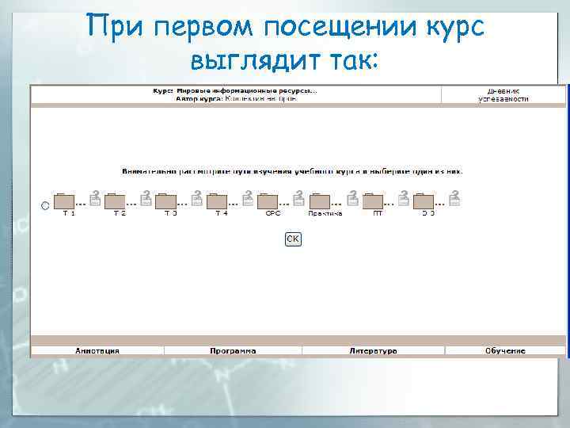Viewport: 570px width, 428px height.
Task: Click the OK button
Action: coord(293,239)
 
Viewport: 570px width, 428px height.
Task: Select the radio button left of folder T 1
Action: coord(45,205)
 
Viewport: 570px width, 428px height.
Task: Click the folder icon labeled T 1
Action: coord(64,201)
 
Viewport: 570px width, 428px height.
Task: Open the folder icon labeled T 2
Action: coord(116,201)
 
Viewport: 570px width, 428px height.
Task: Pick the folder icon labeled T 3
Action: coord(166,201)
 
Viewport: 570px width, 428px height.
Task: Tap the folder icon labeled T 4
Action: coord(218,201)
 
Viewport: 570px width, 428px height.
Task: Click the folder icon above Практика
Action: coord(321,201)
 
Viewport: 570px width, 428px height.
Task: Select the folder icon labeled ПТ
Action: coord(373,201)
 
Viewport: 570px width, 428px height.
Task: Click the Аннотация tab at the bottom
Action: coord(97,350)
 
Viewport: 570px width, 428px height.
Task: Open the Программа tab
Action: coord(233,350)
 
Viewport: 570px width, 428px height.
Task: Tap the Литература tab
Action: coord(373,350)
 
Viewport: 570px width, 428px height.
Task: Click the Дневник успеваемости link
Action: coord(503,95)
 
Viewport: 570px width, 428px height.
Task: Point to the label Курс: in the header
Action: coord(163,90)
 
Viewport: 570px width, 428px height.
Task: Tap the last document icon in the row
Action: coord(454,198)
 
